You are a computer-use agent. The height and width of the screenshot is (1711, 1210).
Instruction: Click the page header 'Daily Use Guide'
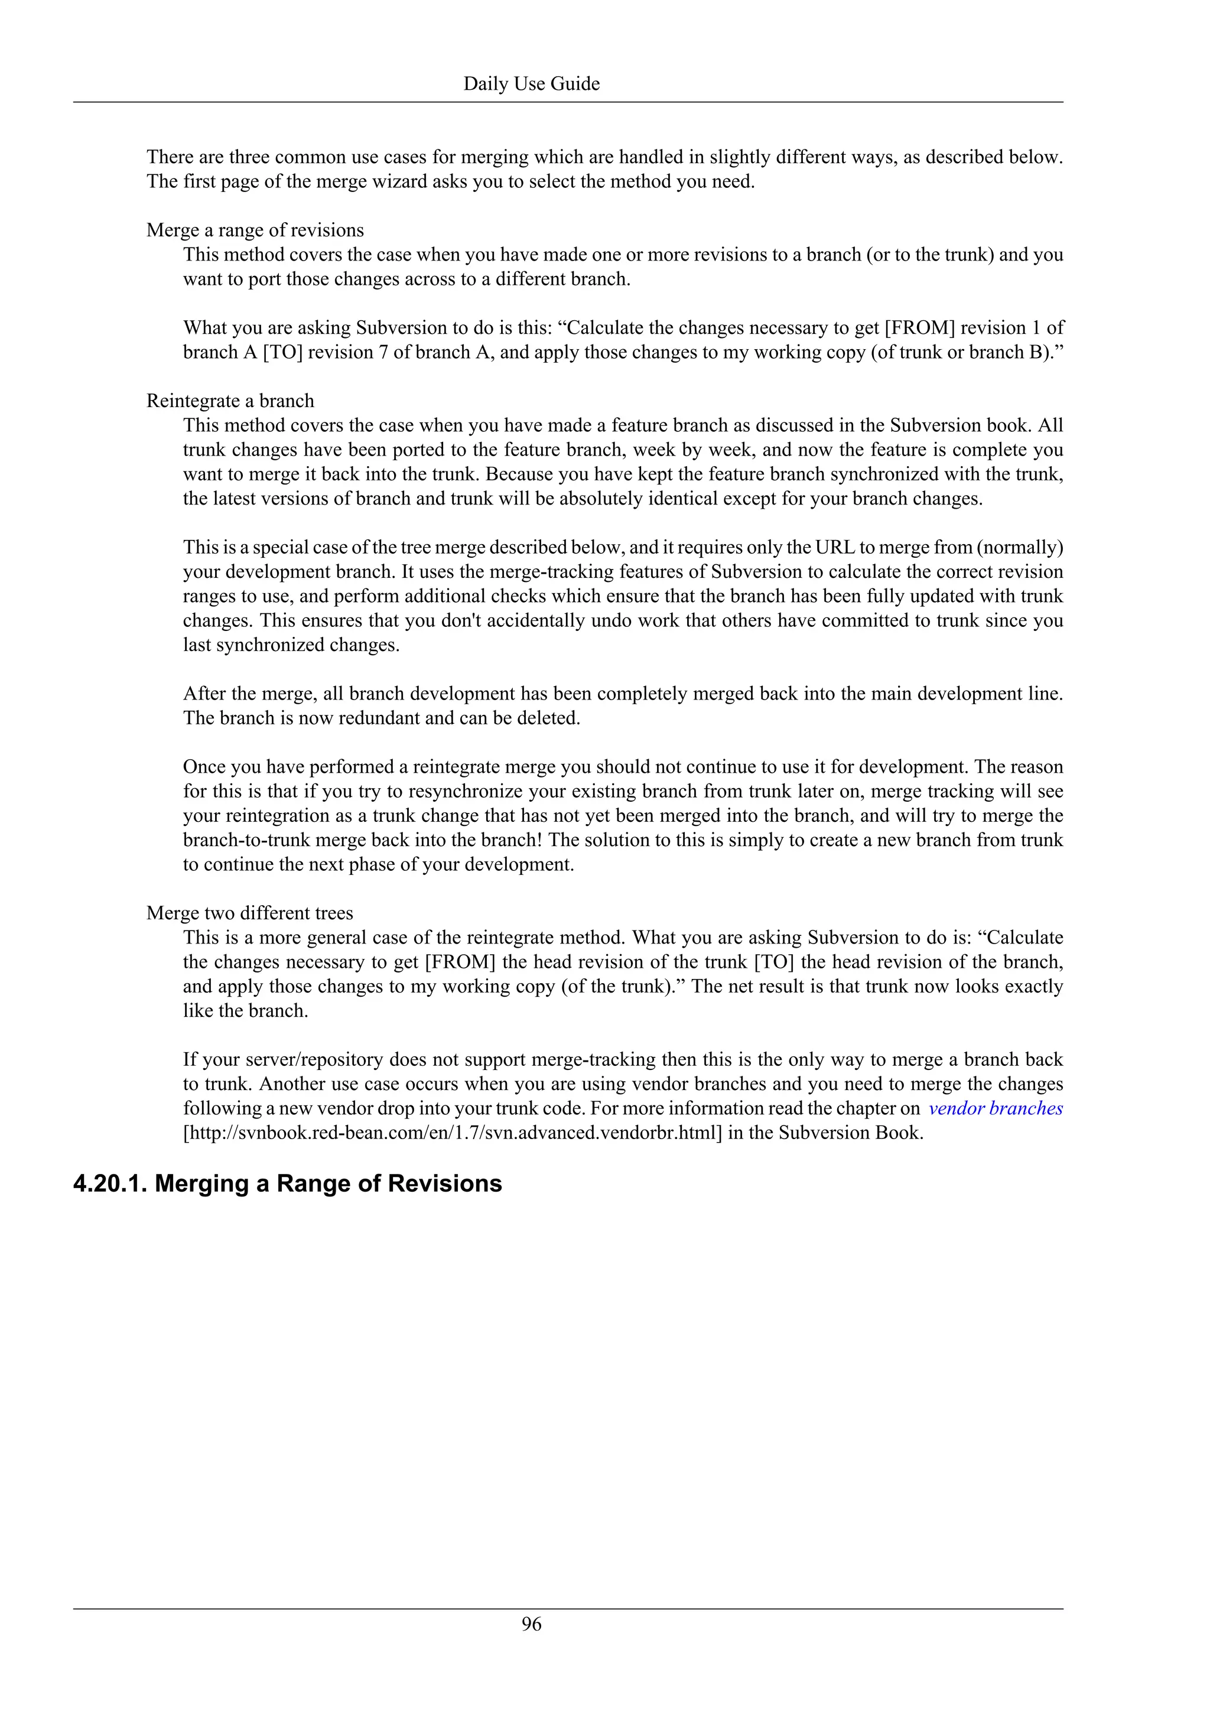pyautogui.click(x=531, y=83)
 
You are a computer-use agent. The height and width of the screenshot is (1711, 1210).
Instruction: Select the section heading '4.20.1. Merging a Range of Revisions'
pyautogui.click(x=288, y=1183)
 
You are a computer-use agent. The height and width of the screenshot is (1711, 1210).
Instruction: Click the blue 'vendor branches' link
pyautogui.click(x=996, y=1108)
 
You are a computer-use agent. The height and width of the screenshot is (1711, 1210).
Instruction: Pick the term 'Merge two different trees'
pyautogui.click(x=249, y=913)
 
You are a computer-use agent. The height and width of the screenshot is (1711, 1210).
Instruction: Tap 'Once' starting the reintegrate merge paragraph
pyautogui.click(x=206, y=767)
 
